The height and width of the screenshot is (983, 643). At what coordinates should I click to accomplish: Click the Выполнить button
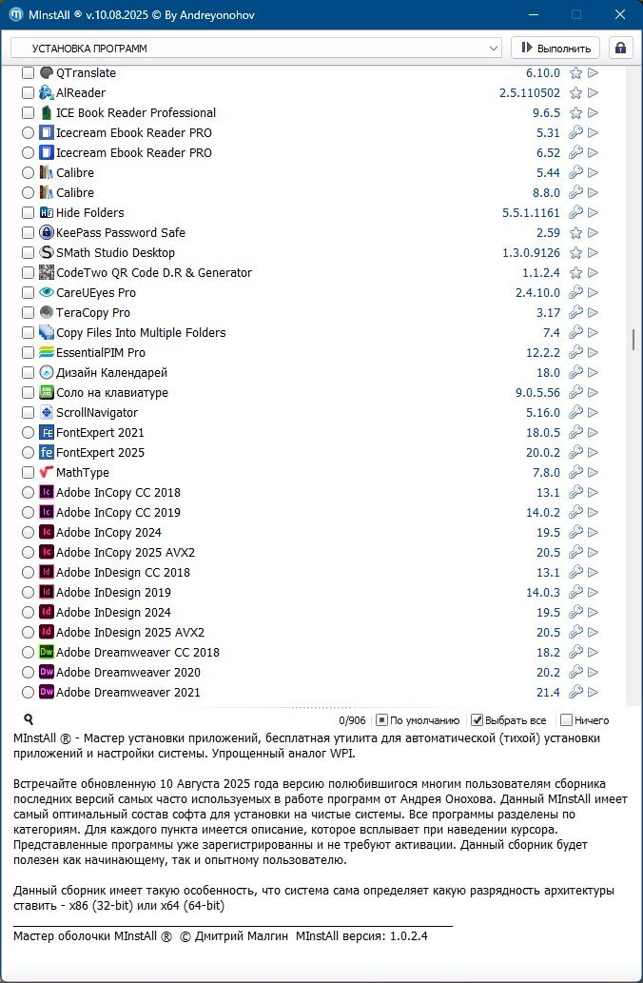coord(555,49)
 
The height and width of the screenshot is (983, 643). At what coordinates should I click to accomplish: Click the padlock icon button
coord(620,49)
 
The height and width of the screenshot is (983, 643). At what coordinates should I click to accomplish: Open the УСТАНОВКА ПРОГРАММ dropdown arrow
coord(494,49)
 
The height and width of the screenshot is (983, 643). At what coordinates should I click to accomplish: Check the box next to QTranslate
coord(28,72)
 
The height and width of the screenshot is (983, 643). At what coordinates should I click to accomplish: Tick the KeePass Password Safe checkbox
coord(28,232)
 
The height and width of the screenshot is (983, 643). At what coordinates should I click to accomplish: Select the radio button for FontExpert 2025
coord(28,453)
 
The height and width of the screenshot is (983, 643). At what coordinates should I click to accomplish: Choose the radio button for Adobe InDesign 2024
coord(28,613)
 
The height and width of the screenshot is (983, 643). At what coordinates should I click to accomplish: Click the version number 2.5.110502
coord(530,93)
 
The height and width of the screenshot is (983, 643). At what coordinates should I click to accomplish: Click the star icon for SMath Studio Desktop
coord(575,253)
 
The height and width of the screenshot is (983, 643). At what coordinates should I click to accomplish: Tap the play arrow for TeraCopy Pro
coord(593,312)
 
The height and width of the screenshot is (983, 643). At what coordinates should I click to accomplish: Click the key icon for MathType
coord(575,472)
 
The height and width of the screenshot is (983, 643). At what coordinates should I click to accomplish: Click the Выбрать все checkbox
coord(477,720)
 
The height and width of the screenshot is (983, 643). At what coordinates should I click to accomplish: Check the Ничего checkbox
coord(567,720)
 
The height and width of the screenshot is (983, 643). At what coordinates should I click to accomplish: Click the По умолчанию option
coord(418,720)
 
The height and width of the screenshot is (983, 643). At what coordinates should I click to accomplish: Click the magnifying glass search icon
coord(29,719)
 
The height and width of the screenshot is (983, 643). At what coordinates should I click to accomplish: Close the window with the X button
coord(620,14)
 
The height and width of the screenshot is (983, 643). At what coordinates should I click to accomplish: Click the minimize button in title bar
coord(534,14)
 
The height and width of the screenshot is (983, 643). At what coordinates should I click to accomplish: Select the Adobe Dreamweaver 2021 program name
coord(127,692)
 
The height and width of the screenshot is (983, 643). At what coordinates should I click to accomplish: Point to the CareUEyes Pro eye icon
coord(47,292)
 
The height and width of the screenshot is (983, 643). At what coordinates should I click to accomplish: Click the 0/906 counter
coord(352,720)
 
